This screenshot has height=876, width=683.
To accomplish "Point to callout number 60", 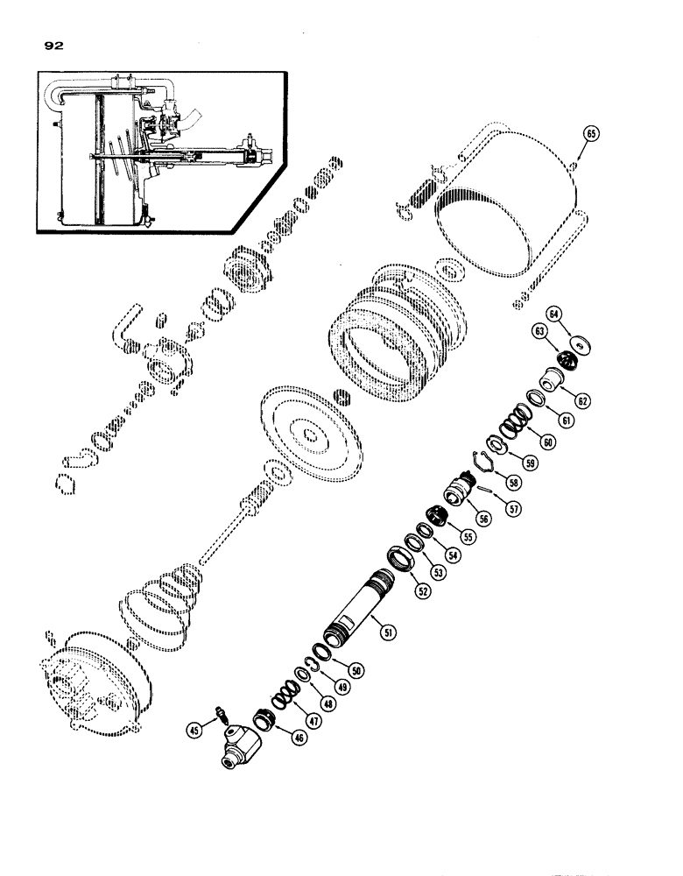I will click(x=547, y=443).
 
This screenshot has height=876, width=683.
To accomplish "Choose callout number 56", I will click(x=484, y=519).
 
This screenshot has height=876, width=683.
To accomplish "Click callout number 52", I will click(x=424, y=592).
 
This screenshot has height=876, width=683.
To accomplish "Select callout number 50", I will click(x=356, y=670).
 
